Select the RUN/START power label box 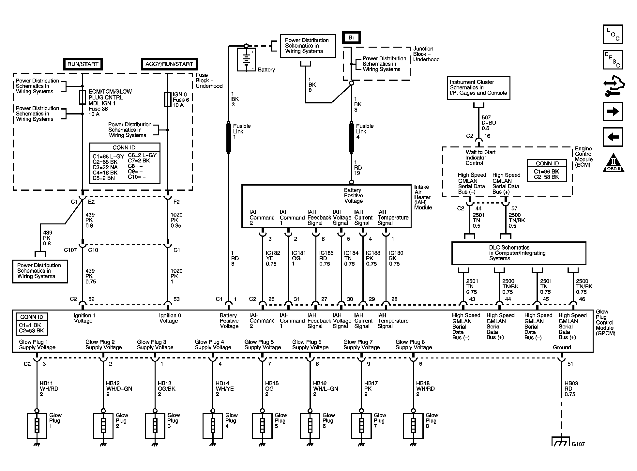coord(83,64)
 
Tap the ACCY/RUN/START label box coord(169,64)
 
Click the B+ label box coord(352,38)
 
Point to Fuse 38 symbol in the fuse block coord(83,98)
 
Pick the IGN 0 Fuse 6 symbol coord(168,100)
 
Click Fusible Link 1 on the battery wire coord(229,137)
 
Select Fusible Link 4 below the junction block coord(352,137)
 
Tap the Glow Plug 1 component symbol coord(37,426)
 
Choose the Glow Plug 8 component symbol coord(414,426)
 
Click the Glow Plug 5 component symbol coord(263,426)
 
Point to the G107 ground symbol coord(562,441)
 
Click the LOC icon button coord(613,34)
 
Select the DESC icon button coord(613,60)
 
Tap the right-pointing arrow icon coord(613,112)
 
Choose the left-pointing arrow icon coord(613,137)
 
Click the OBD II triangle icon coord(613,163)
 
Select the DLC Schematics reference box coord(519,253)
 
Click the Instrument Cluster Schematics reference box coord(479,88)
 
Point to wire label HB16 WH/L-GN coord(325,389)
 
